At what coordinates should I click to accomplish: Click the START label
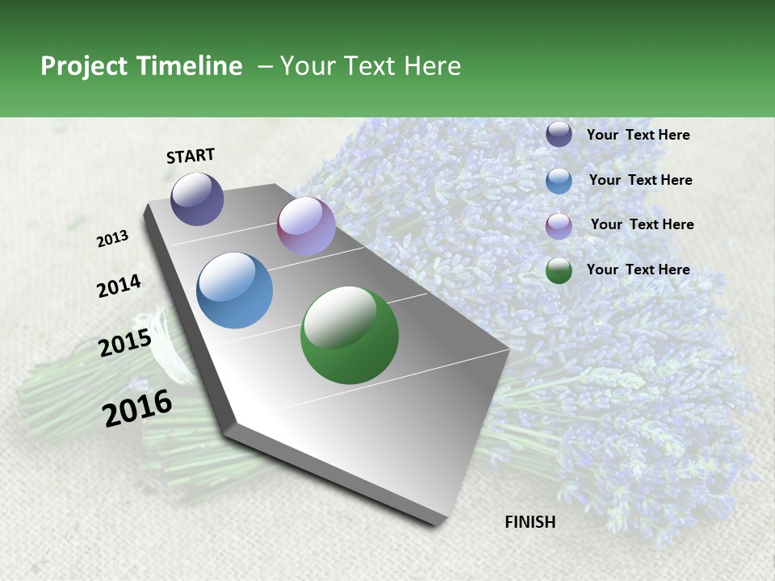pyautogui.click(x=191, y=156)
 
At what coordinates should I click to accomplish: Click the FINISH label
pyautogui.click(x=530, y=522)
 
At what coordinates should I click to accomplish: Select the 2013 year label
pyautogui.click(x=112, y=239)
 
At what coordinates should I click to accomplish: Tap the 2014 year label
pyautogui.click(x=119, y=286)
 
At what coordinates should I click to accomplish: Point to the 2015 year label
pyautogui.click(x=124, y=343)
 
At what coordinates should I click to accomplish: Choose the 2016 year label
pyautogui.click(x=137, y=408)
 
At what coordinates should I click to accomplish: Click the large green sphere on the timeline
pyautogui.click(x=350, y=335)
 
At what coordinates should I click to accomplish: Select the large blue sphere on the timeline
pyautogui.click(x=235, y=290)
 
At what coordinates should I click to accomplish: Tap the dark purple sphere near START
pyautogui.click(x=197, y=199)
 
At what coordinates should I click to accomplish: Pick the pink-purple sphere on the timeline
pyautogui.click(x=306, y=226)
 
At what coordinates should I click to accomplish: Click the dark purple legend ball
pyautogui.click(x=559, y=135)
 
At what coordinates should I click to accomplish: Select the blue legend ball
pyautogui.click(x=559, y=181)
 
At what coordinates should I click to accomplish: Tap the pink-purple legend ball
pyautogui.click(x=559, y=226)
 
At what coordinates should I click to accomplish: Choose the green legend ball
pyautogui.click(x=559, y=270)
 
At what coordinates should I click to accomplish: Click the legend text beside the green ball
pyautogui.click(x=638, y=270)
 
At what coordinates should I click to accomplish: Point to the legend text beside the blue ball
pyautogui.click(x=640, y=180)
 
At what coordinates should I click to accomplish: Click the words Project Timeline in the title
pyautogui.click(x=141, y=66)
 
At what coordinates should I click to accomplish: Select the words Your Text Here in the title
pyautogui.click(x=371, y=66)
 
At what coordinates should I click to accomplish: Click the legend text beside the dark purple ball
pyautogui.click(x=638, y=135)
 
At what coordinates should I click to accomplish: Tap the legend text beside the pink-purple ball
pyautogui.click(x=642, y=224)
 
